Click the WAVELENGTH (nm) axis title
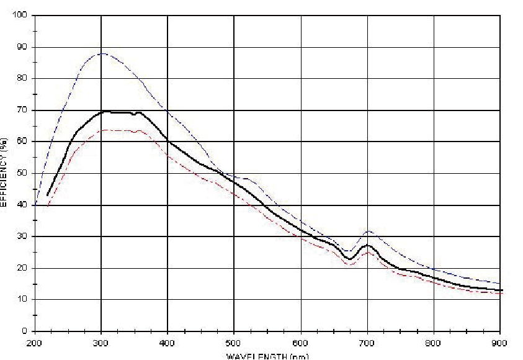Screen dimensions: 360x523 267,356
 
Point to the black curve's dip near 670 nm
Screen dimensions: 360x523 350,259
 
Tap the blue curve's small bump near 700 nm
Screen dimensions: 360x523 369,232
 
